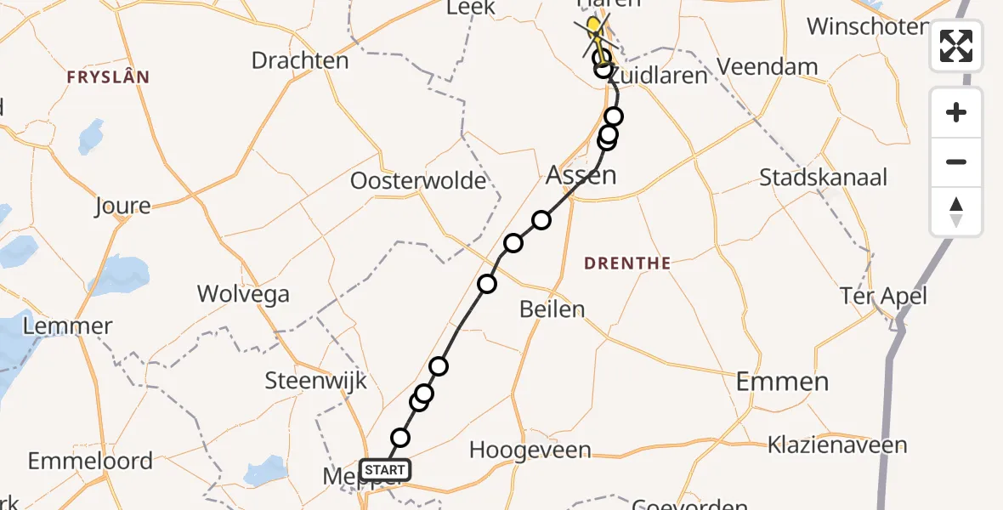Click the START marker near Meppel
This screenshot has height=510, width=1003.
point(385,469)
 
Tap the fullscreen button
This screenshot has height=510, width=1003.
point(956,46)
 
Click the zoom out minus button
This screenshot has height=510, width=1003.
point(956,161)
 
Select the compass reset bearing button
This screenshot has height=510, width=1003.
point(956,212)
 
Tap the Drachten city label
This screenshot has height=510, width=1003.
point(300,61)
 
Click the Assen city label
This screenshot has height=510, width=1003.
point(581,176)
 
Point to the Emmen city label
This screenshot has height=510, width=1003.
point(782,382)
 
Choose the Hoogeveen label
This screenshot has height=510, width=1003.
point(530,450)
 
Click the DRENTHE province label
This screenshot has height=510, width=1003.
point(627,263)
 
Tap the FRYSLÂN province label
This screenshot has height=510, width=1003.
point(108,77)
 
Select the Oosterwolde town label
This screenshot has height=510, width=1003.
point(418,181)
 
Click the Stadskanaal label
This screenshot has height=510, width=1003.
point(823,178)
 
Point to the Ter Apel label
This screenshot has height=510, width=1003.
point(882,297)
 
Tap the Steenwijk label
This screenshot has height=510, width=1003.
point(315,380)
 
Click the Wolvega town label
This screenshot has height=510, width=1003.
point(243,294)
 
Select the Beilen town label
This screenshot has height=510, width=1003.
point(552,309)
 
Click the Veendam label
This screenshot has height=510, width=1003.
point(768,66)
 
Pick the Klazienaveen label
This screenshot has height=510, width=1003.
point(837,445)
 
